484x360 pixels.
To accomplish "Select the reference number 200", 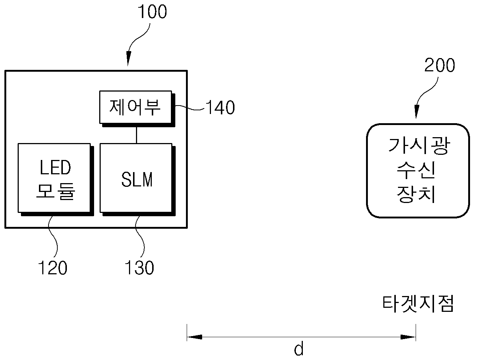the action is point(440,65).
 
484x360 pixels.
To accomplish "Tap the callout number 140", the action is point(220,107).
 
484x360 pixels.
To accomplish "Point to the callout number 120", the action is point(53,268).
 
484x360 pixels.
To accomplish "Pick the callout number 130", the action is point(139,268).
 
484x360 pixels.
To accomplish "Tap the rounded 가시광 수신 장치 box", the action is point(417,171).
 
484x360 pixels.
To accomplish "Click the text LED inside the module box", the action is point(55,167).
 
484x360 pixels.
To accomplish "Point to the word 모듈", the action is point(55,192).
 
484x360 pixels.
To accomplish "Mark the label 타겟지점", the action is point(418,304).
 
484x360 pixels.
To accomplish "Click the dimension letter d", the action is point(298,349).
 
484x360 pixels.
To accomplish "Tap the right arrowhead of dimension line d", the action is point(408,337).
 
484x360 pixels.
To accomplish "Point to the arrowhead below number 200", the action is point(417,111).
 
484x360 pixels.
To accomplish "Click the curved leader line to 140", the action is point(190,107).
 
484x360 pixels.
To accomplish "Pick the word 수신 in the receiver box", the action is point(416,170).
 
